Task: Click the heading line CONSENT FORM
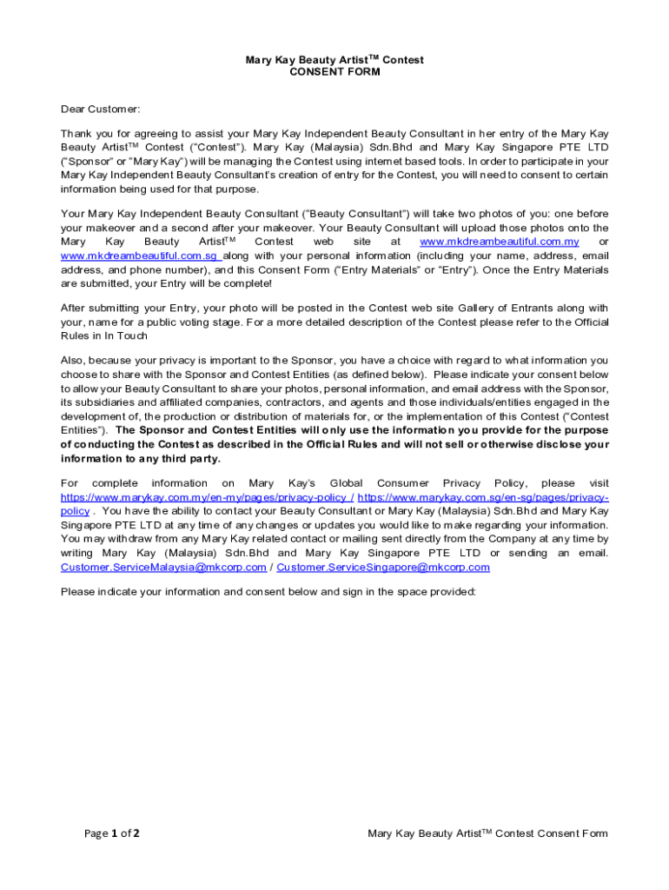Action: pyautogui.click(x=334, y=72)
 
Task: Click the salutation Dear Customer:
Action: pyautogui.click(x=100, y=109)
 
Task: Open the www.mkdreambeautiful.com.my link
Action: pyautogui.click(x=499, y=242)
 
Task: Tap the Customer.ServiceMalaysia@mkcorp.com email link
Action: pyautogui.click(x=163, y=568)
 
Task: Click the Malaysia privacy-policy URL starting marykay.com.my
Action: pyautogui.click(x=205, y=497)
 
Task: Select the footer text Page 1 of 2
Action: pyautogui.click(x=112, y=834)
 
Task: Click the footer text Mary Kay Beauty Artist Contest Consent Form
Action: pyautogui.click(x=487, y=834)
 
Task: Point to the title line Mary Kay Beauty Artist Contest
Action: pyautogui.click(x=334, y=60)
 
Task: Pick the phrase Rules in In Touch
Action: pyautogui.click(x=104, y=335)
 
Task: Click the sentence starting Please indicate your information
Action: pyautogui.click(x=268, y=592)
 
